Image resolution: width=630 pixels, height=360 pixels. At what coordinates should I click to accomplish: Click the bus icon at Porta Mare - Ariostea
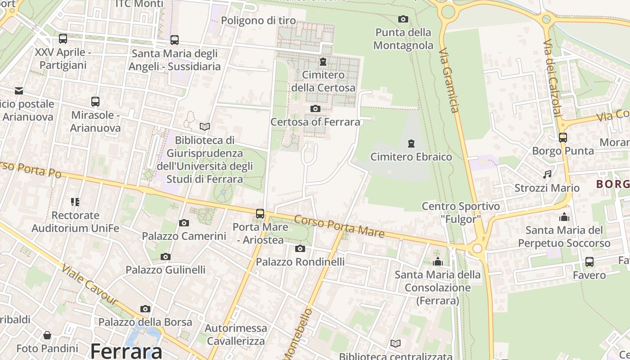click(260, 214)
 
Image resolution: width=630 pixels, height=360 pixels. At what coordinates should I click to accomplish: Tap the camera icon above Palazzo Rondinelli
click(300, 248)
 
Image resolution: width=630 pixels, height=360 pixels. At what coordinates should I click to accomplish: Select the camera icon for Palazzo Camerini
click(184, 223)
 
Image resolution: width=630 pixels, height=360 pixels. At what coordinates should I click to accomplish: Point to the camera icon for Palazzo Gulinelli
click(166, 256)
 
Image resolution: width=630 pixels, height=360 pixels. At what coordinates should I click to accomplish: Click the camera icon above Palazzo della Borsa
click(145, 309)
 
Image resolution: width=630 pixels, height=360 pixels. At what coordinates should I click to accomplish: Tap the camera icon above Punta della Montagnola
click(403, 19)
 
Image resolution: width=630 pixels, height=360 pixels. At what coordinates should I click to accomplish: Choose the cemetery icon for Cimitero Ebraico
click(411, 144)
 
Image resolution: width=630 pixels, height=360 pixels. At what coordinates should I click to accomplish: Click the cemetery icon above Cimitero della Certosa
click(323, 61)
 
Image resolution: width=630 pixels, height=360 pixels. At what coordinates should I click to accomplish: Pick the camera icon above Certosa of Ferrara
click(315, 108)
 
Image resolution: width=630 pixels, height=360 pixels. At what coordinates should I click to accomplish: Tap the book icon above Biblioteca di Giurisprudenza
click(205, 127)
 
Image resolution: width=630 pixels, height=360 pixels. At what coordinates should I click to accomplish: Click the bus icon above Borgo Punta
click(563, 138)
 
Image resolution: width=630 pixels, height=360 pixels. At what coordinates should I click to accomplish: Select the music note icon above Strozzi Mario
click(547, 174)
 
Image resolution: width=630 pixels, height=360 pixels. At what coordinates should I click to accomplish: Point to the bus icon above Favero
click(589, 261)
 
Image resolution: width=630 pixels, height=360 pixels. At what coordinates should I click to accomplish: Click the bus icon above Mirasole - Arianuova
click(95, 102)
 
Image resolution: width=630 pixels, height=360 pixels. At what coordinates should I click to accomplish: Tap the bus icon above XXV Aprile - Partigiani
click(63, 39)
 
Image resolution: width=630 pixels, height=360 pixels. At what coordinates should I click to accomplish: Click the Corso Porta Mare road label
click(340, 226)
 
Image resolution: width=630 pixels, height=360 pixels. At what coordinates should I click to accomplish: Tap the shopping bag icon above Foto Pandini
click(47, 335)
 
